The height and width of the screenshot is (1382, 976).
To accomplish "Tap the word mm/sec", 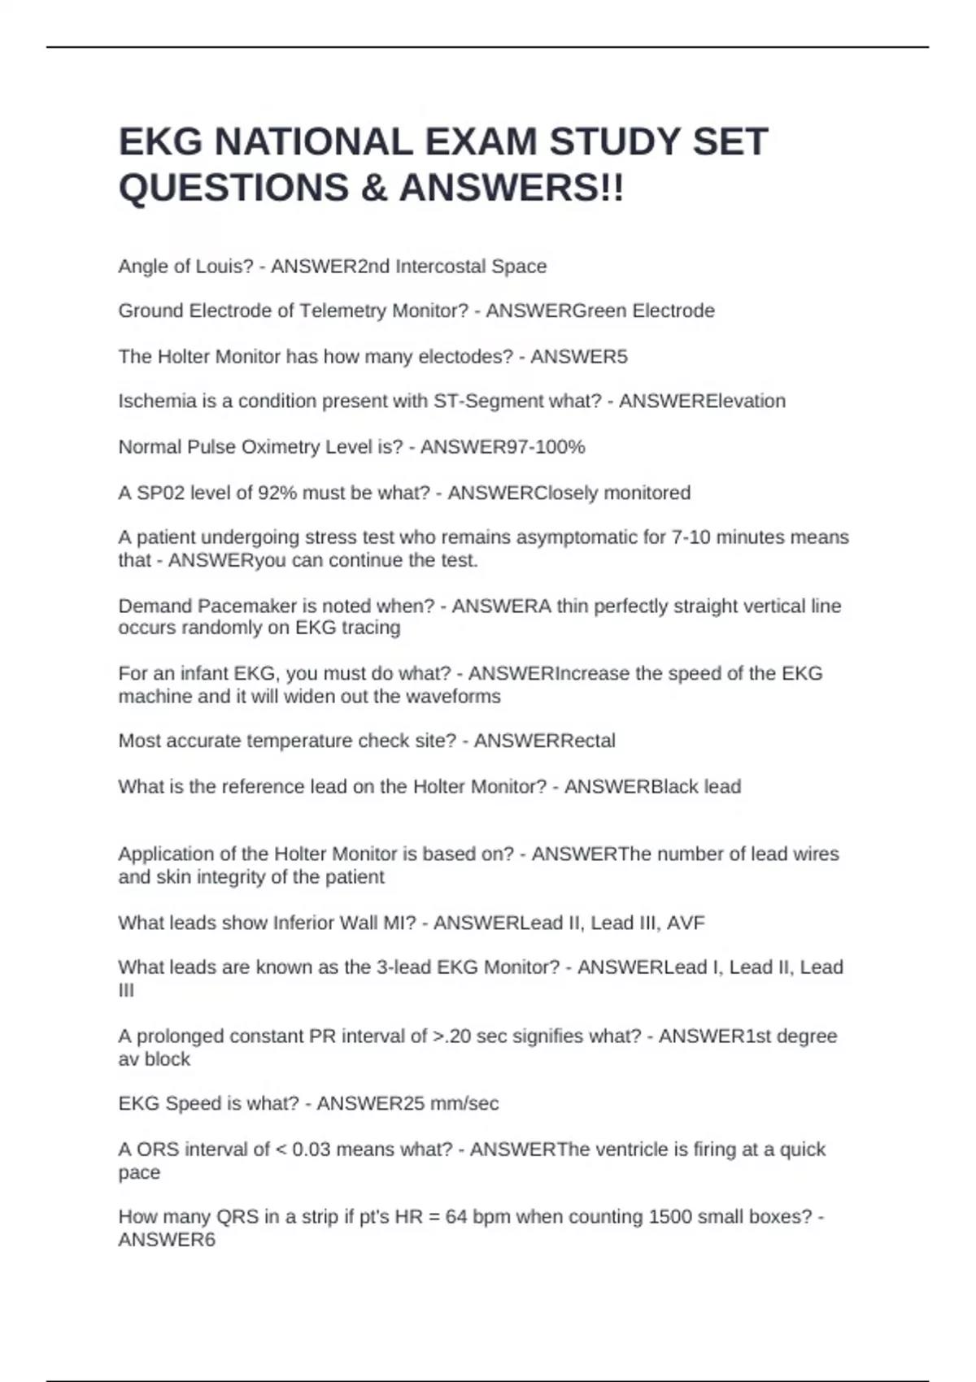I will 468,1104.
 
